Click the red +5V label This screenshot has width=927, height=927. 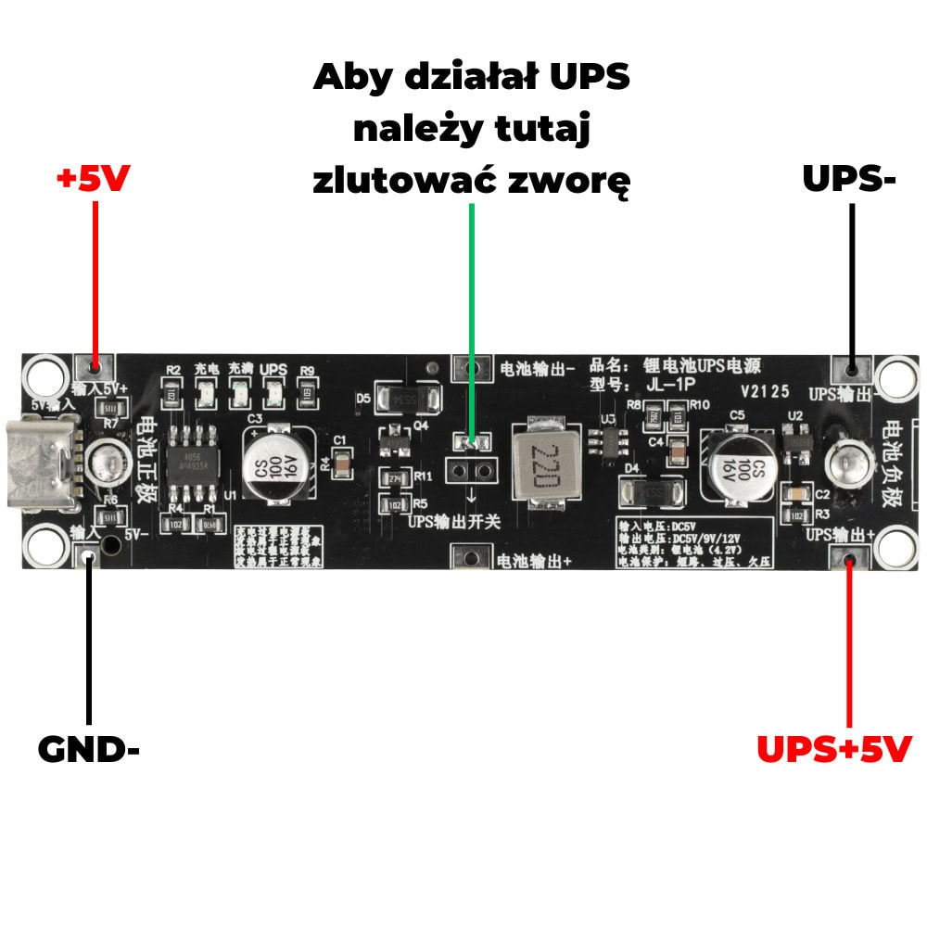[93, 179]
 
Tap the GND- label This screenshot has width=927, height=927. [88, 749]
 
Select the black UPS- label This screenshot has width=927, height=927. [849, 179]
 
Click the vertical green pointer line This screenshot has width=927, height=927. [472, 315]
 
